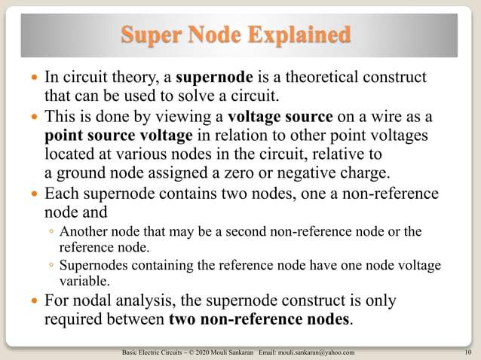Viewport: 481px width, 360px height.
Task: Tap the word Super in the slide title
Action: tap(152, 35)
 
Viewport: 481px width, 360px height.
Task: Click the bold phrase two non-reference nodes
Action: tap(259, 319)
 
